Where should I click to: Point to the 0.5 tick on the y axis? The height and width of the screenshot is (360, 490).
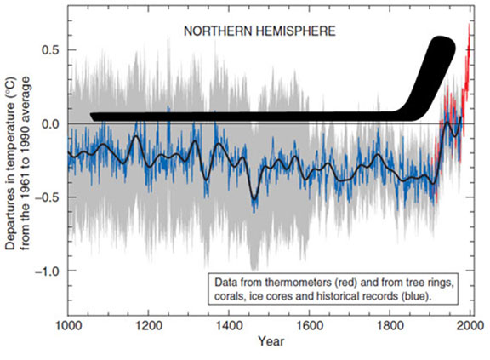pos(52,50)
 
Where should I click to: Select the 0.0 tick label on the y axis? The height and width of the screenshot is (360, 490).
pos(52,124)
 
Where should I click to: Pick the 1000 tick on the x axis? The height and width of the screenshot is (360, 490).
pos(69,324)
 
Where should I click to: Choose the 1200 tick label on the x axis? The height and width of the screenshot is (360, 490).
pos(149,324)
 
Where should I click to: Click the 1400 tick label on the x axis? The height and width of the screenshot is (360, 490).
pos(228,324)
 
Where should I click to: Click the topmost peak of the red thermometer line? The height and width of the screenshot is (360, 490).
pos(470,25)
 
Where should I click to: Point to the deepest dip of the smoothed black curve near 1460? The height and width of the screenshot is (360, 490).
pos(254,198)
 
